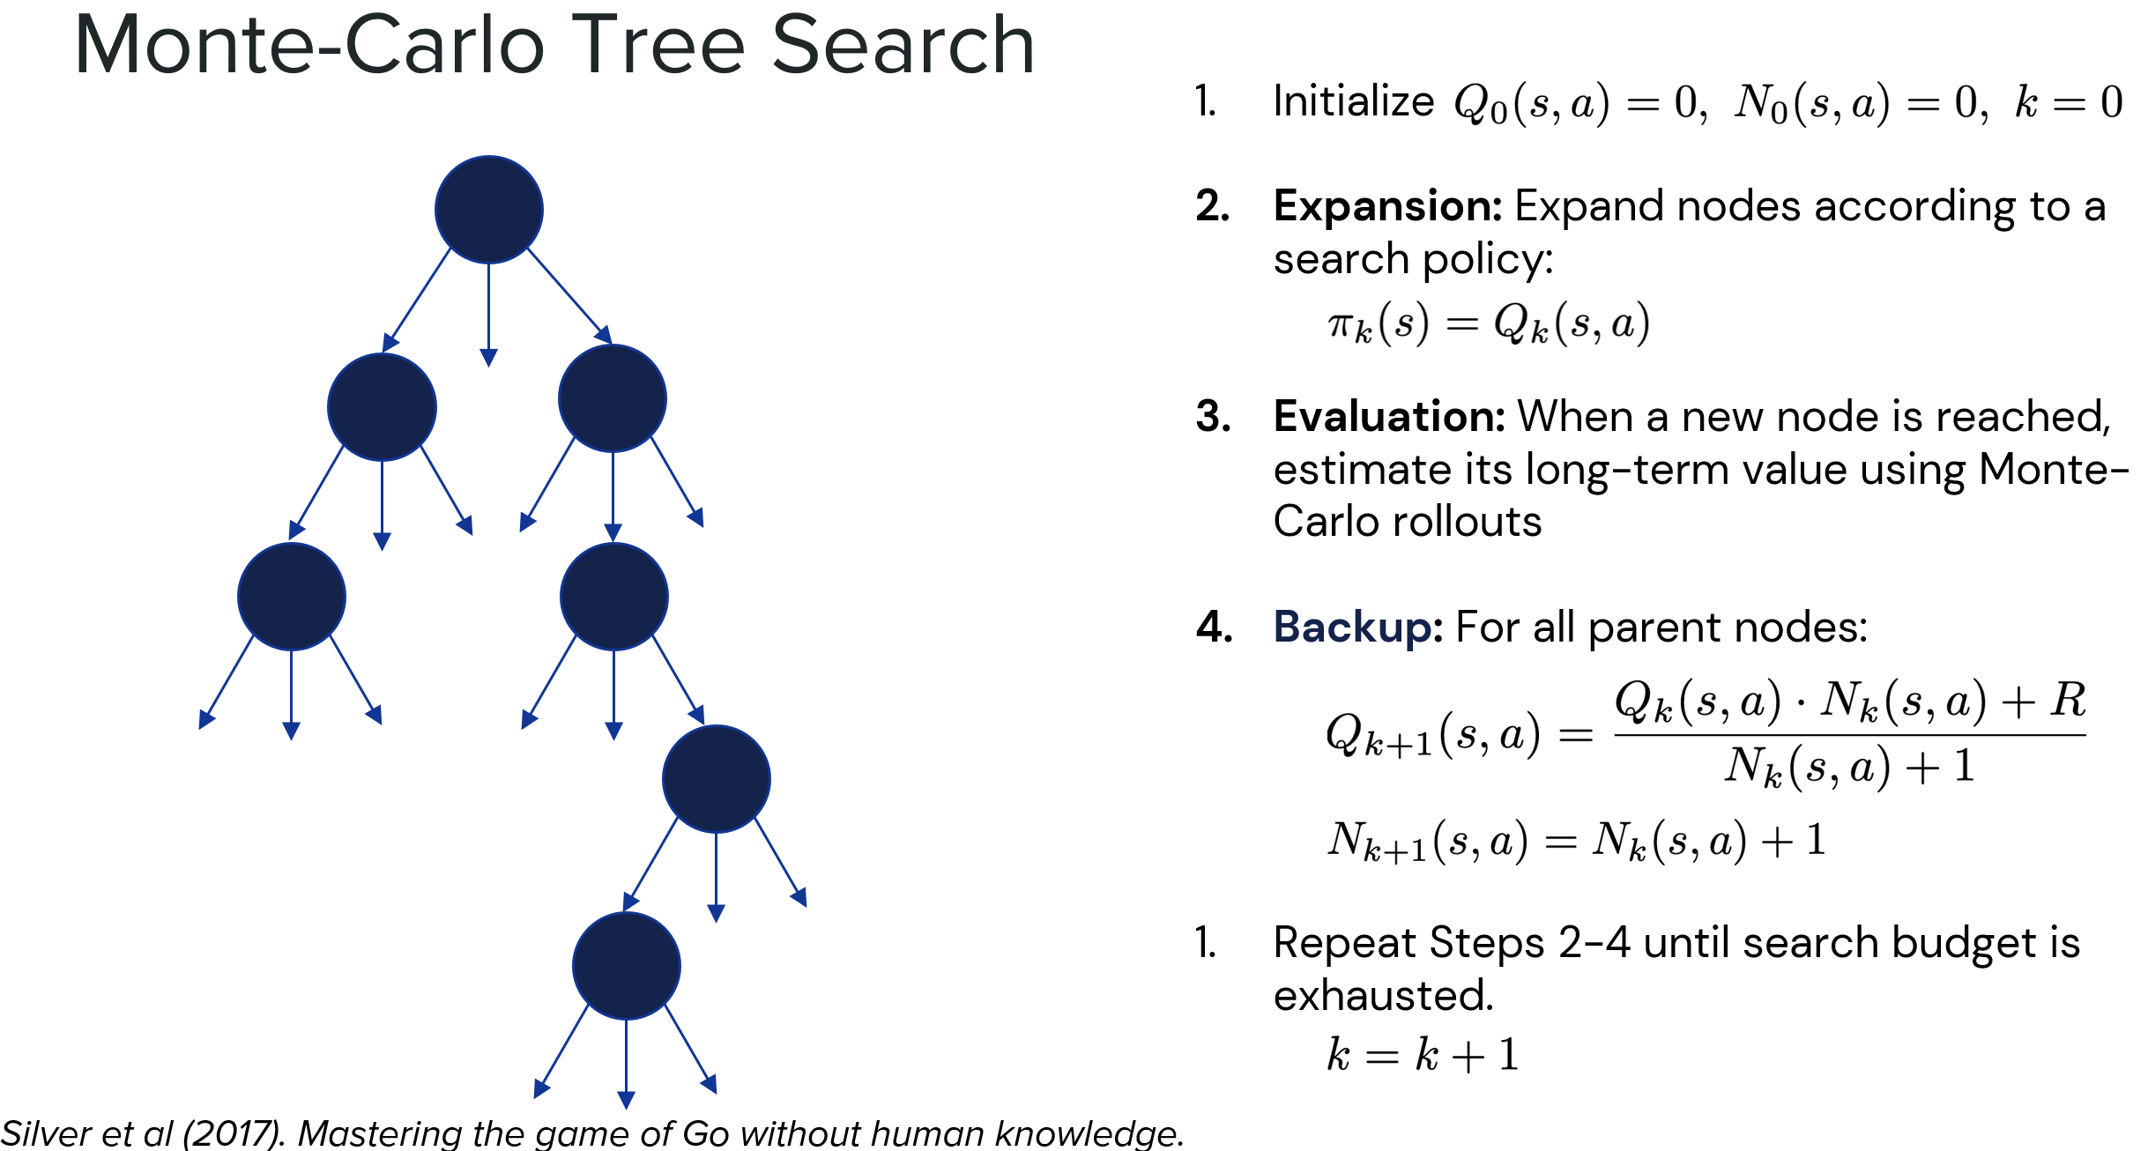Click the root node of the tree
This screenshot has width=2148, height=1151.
[489, 210]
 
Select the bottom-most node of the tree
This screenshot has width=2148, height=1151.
[626, 966]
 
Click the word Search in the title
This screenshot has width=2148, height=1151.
[903, 46]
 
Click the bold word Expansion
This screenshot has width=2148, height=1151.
[1387, 207]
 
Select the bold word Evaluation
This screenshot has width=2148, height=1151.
[1389, 417]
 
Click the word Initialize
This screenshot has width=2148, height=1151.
[1353, 101]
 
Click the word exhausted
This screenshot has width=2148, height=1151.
[1383, 996]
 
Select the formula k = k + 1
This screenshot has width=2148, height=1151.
[1423, 1055]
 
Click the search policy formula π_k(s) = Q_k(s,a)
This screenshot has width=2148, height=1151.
[1488, 324]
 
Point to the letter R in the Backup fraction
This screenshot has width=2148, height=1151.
[2068, 701]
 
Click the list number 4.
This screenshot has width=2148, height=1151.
[1214, 627]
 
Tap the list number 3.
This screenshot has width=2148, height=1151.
[1213, 417]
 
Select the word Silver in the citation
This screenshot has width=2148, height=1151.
[45, 1133]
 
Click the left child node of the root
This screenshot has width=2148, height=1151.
[382, 407]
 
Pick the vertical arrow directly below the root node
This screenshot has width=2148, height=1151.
[489, 313]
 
